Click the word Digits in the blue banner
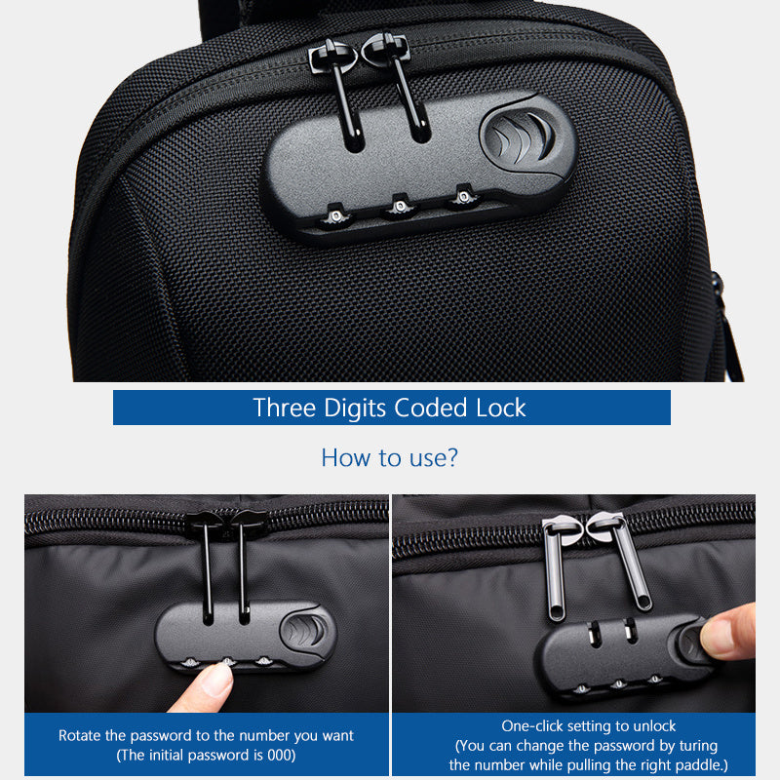[350, 408]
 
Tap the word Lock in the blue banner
[500, 408]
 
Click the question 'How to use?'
[389, 457]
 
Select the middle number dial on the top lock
[397, 207]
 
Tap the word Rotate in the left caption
[80, 736]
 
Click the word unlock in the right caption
[655, 726]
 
